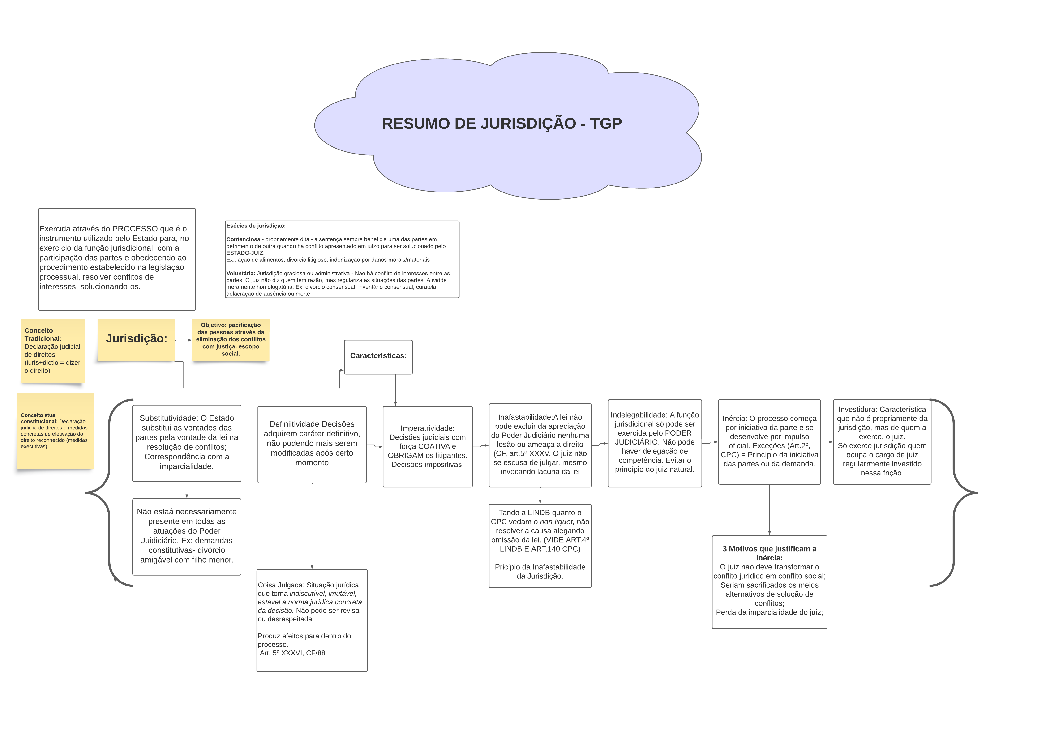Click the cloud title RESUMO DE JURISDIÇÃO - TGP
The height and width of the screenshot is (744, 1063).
[x=501, y=124]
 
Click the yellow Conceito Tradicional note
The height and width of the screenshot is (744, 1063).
[x=53, y=351]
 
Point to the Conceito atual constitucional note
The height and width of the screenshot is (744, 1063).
[x=55, y=431]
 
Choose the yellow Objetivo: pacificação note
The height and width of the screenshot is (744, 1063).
[x=231, y=339]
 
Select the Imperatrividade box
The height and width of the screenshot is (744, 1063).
[x=427, y=446]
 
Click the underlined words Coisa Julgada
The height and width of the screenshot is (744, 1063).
[x=280, y=585]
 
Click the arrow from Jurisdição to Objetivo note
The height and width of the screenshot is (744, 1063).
[x=183, y=340]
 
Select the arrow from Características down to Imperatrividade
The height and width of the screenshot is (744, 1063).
[x=395, y=390]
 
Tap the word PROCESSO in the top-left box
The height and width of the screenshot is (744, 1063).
[x=135, y=229]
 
